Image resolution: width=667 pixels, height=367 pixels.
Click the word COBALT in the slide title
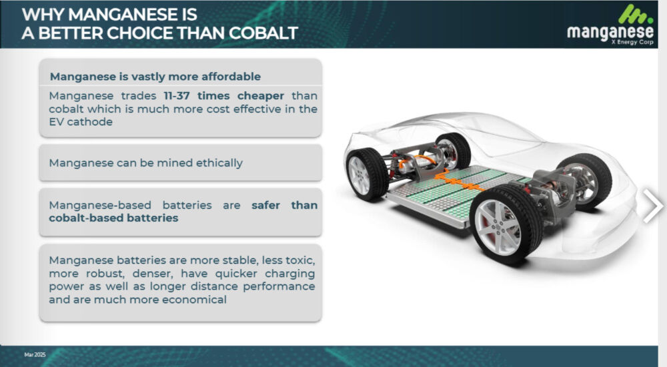pos(263,33)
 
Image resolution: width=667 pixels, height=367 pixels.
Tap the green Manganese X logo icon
pos(636,15)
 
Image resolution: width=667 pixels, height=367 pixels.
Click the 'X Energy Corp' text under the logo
pos(632,42)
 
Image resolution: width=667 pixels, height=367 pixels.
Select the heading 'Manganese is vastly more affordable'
pos(155,77)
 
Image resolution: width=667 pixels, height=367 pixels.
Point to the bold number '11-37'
pos(177,95)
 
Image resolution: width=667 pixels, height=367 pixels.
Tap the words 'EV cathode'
pos(81,122)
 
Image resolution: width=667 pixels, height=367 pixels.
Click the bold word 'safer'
pos(265,205)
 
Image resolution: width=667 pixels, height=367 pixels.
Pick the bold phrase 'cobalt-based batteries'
pos(113,218)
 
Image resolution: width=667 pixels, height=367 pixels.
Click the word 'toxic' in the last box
pos(299,260)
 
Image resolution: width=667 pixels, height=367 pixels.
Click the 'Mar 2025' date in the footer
pos(35,354)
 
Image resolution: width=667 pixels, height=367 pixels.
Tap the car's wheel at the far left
pos(366,174)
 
